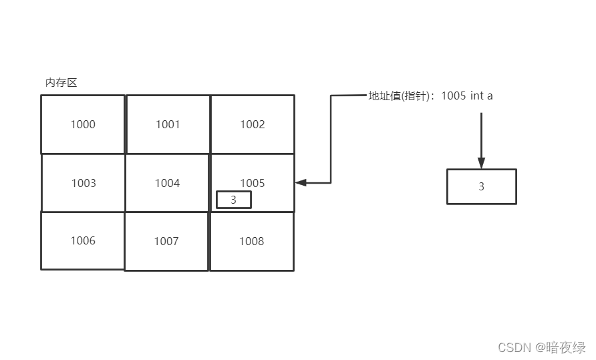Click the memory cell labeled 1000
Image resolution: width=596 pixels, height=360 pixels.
coord(83,124)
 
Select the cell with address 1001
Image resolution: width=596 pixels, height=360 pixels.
coord(168,124)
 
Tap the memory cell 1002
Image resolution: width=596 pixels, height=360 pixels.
coord(253,124)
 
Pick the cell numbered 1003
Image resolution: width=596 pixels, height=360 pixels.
coord(84,183)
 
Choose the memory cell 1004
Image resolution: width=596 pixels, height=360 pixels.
coord(168,183)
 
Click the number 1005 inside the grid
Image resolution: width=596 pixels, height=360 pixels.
coord(253,182)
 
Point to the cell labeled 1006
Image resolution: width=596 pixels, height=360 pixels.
coord(83,240)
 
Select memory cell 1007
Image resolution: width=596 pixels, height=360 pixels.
coord(166,241)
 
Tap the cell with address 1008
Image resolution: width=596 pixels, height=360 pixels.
coord(252,241)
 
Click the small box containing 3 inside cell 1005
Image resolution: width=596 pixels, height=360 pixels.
coord(233,200)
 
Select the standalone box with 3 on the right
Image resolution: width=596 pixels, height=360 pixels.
coord(481,186)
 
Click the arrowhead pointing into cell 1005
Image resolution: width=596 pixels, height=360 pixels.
coord(299,182)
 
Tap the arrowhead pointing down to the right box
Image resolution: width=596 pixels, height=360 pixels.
coord(481,164)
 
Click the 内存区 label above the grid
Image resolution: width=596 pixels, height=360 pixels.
coord(61,83)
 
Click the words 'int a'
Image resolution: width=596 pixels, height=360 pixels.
coord(482,96)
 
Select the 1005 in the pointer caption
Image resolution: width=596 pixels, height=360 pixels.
coord(454,96)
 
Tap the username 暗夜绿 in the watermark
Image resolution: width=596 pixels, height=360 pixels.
coord(566,347)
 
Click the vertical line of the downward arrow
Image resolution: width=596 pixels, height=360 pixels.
coord(481,134)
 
